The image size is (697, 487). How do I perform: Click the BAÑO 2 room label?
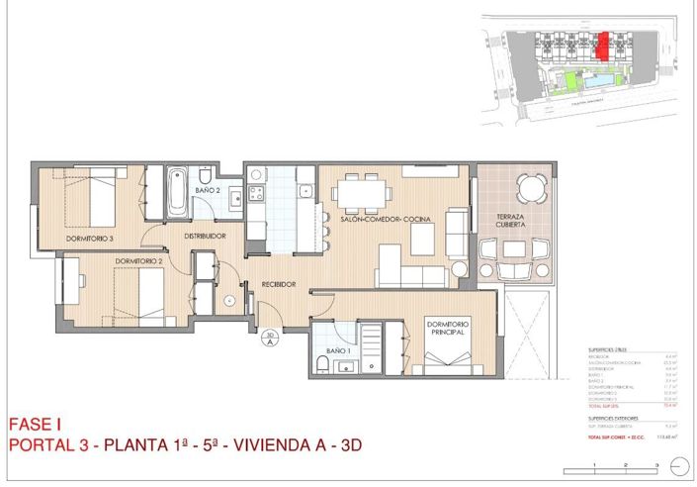207,189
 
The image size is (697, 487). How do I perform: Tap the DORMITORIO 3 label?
90,239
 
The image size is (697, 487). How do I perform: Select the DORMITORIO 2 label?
137,260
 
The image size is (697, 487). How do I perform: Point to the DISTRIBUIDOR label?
205,236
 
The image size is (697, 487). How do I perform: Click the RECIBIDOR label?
279,285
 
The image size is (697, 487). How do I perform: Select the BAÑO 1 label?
338,350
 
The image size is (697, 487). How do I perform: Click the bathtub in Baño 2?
177,192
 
